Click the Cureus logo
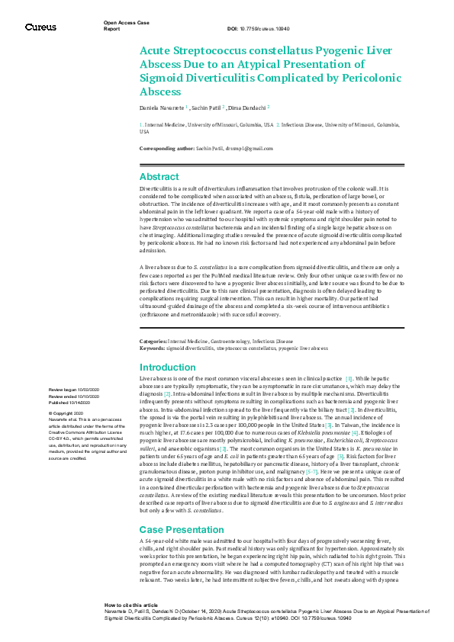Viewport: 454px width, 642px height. pos(40,27)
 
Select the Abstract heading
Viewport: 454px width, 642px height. pos(159,176)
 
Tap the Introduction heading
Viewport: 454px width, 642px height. pos(168,368)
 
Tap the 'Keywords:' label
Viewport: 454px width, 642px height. pos(153,347)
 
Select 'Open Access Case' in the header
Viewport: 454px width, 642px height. pos(125,24)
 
